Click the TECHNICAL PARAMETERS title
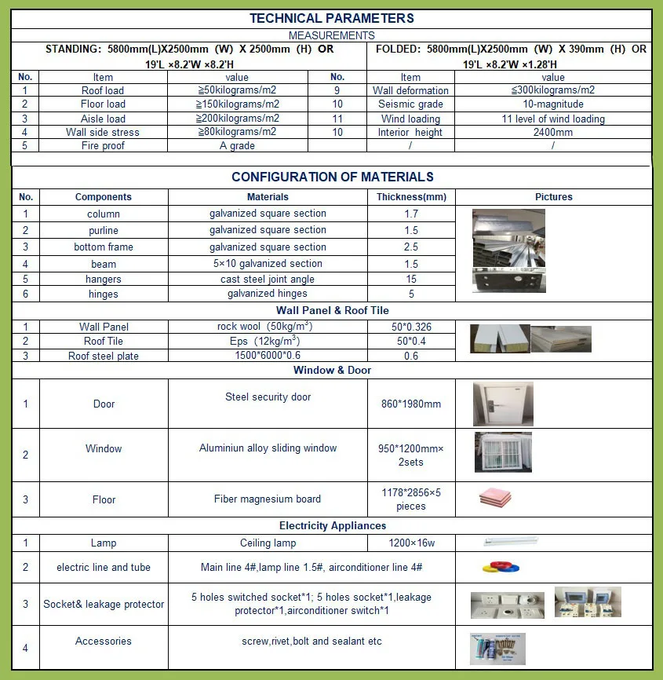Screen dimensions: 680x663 click(331, 18)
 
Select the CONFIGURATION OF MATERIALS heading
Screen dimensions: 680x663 click(332, 177)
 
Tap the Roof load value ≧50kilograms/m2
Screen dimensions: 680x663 click(236, 90)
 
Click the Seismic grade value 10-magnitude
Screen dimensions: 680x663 click(552, 104)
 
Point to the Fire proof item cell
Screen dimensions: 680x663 click(103, 146)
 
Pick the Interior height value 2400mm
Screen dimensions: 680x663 click(552, 133)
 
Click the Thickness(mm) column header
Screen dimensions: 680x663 click(411, 197)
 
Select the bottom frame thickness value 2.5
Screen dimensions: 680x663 click(411, 247)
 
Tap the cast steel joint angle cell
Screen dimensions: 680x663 click(268, 280)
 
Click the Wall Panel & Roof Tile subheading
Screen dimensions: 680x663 click(332, 311)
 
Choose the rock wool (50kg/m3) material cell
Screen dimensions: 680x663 click(268, 327)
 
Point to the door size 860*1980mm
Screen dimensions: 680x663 click(411, 404)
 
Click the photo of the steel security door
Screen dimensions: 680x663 click(503, 404)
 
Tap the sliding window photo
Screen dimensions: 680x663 click(503, 453)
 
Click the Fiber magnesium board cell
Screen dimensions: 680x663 click(268, 499)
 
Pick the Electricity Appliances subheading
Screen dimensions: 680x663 click(332, 526)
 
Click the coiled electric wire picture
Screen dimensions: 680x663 click(494, 567)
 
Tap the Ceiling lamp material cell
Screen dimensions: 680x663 click(268, 543)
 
